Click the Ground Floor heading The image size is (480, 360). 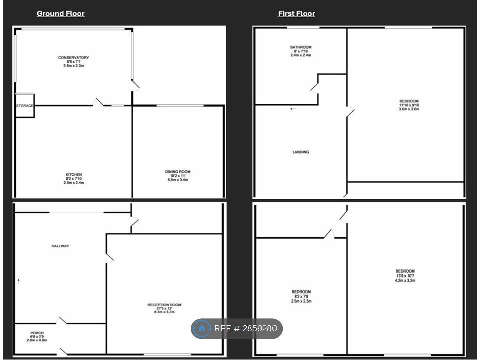coord(61,14)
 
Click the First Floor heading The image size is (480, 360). coord(296,14)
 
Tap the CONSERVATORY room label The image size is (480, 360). coord(74,58)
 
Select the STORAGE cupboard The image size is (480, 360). coord(25,106)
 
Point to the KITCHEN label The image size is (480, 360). coord(74,175)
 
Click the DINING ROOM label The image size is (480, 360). coord(178,172)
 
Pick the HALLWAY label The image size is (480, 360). coord(60,246)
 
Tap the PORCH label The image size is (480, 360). coord(37,333)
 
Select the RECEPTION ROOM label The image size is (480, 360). coord(164,305)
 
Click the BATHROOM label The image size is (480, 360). coord(301,47)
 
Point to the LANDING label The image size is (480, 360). coord(301,152)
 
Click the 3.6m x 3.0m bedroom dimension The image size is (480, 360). coord(409,109)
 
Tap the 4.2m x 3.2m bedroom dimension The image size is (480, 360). coord(405,280)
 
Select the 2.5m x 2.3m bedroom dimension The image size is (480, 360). coord(301,301)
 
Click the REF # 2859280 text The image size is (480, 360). coord(246,329)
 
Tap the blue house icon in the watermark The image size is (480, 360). coord(201,329)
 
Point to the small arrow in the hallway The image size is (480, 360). coord(18,281)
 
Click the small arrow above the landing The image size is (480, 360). coord(293,109)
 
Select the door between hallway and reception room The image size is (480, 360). coord(109,258)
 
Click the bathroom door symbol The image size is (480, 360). coord(314,88)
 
